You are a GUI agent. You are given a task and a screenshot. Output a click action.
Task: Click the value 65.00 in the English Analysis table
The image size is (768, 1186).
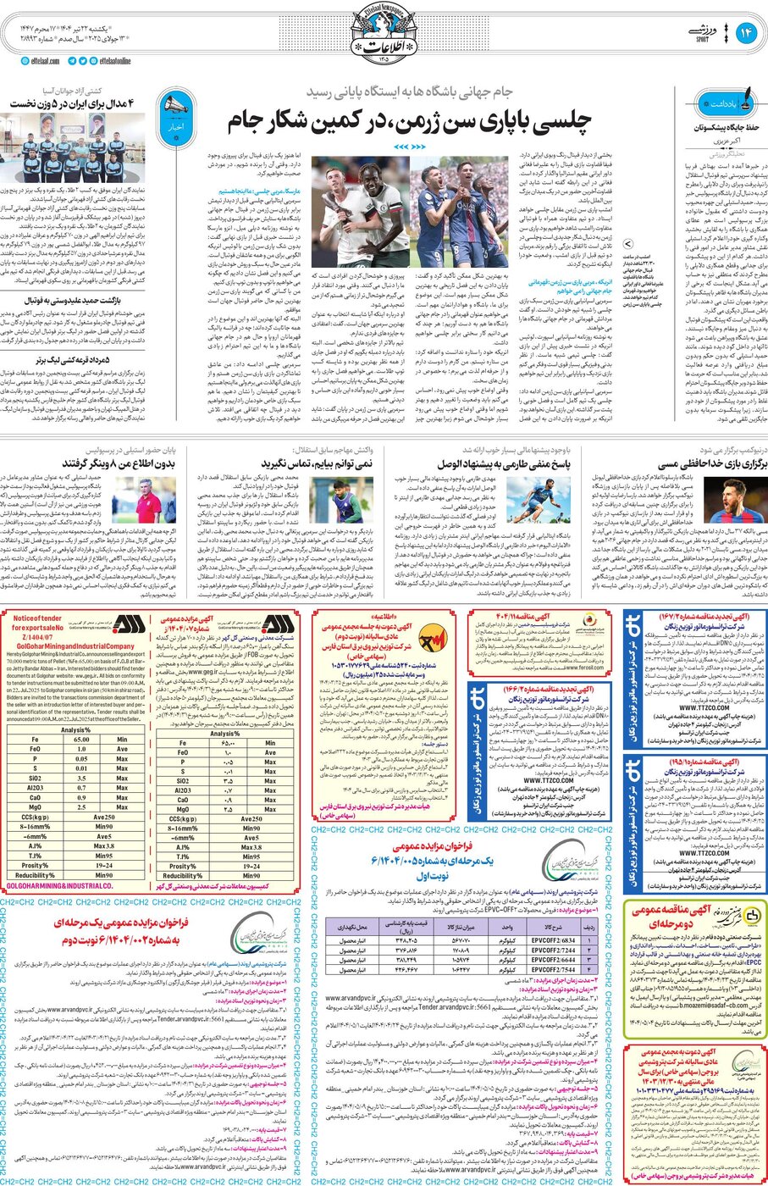[81, 740]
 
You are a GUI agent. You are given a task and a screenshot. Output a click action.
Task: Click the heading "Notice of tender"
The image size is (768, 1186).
[38, 618]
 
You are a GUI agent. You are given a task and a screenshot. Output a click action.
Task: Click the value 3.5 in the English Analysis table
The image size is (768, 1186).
[81, 778]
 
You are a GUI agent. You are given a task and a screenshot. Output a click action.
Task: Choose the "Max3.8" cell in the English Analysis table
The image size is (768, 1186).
[105, 845]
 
